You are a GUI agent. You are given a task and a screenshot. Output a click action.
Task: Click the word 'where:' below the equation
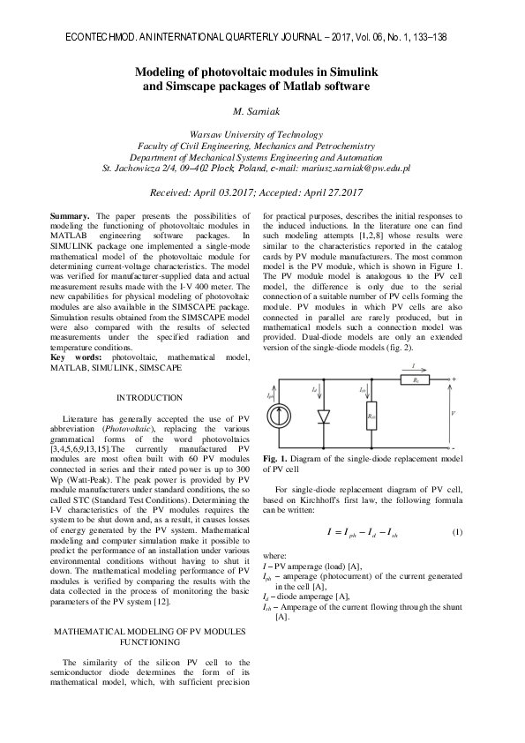[276, 559]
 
